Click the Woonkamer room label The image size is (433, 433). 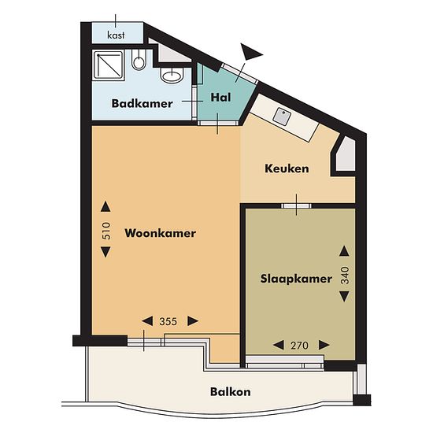tap(160, 233)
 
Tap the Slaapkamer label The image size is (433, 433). tap(296, 279)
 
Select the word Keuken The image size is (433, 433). tap(287, 168)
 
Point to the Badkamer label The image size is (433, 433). tap(142, 104)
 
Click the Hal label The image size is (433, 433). tap(220, 97)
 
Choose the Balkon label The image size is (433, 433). tap(231, 392)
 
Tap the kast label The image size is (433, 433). tap(116, 35)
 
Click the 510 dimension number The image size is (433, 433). tap(106, 231)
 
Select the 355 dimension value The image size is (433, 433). tap(168, 321)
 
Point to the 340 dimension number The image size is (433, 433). tap(345, 276)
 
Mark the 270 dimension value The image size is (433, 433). tap(299, 345)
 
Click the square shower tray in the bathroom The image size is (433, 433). tap(109, 65)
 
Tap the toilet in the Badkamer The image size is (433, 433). tap(138, 60)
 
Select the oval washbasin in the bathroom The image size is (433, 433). tap(172, 75)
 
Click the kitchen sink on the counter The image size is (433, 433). tap(282, 116)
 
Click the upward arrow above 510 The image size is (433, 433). tap(105, 206)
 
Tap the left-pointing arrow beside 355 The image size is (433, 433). tap(147, 321)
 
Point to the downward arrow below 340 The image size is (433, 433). tap(344, 297)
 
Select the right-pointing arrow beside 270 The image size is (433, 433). tap(324, 345)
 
